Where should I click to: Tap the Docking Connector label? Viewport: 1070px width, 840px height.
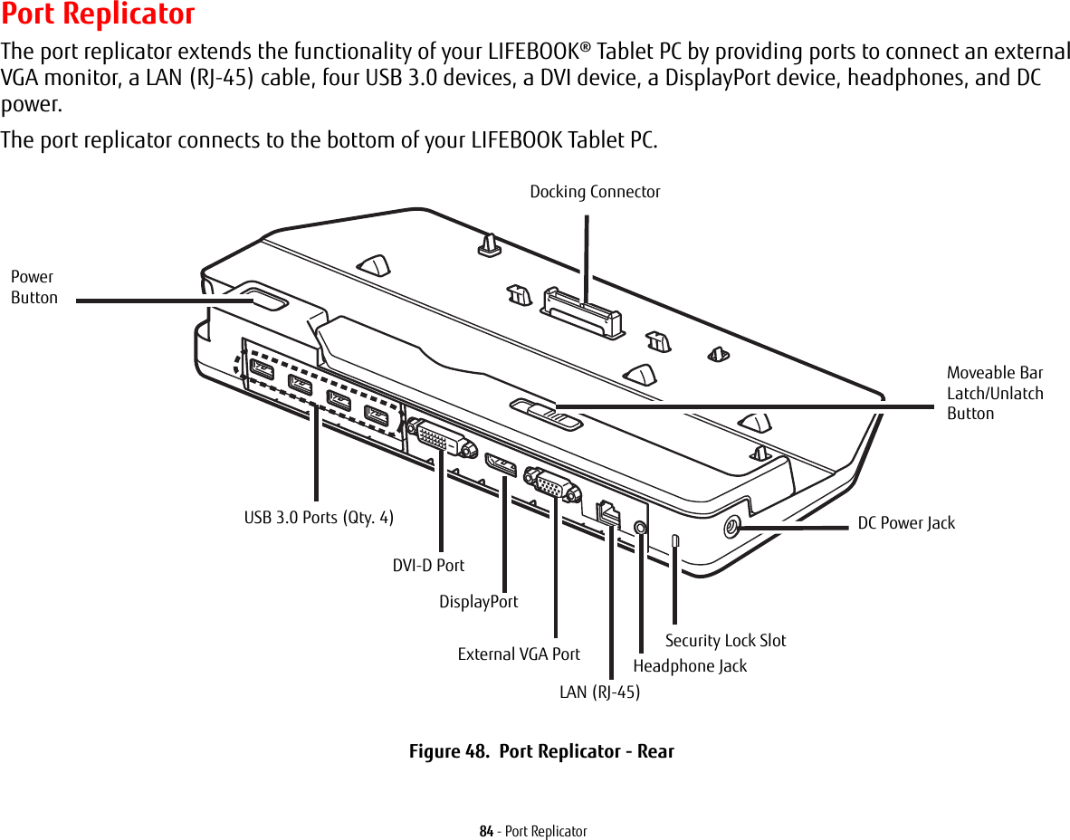click(x=595, y=192)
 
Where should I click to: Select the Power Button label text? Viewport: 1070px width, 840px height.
click(x=34, y=287)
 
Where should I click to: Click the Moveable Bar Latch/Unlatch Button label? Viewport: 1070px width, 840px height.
click(x=994, y=393)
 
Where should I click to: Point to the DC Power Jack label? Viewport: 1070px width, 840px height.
click(x=906, y=523)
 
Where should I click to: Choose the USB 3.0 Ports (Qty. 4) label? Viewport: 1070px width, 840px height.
click(x=319, y=518)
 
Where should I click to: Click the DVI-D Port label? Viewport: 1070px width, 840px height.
click(x=428, y=565)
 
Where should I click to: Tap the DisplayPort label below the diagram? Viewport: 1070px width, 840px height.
click(x=478, y=602)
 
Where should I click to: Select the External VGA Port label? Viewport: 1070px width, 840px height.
click(x=519, y=654)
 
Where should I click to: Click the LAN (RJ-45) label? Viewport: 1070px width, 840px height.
click(x=599, y=692)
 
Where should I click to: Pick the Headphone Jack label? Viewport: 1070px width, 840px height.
click(x=690, y=666)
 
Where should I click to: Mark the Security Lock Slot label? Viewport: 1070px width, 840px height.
click(x=725, y=641)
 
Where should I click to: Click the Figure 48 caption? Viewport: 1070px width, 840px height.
click(x=541, y=751)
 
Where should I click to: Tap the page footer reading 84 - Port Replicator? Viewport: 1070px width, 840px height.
click(x=533, y=831)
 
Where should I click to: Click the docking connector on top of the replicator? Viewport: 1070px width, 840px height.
click(x=583, y=311)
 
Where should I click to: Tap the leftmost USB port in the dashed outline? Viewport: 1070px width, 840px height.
click(x=262, y=369)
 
